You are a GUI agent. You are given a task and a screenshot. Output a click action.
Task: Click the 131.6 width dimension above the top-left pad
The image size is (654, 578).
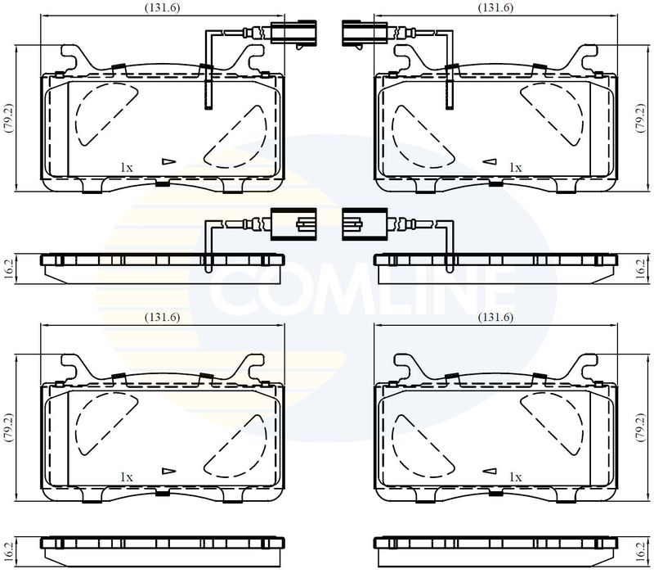pos(162,8)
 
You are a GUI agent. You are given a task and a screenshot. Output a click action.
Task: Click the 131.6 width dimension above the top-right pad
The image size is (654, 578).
pos(495,8)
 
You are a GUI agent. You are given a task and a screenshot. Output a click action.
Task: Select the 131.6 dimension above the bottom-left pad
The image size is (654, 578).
pos(162,318)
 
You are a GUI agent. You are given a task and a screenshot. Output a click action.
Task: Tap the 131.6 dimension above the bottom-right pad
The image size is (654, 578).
pos(495,318)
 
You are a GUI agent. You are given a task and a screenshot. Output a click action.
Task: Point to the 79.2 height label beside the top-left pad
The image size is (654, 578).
pos(9,118)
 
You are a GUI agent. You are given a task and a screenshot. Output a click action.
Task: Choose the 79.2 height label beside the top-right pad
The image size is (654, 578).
pos(640,118)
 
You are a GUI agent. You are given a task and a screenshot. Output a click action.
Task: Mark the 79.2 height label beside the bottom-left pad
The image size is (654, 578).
pos(9,427)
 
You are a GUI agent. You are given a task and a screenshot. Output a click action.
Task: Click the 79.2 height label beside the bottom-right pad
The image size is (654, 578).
pos(640,427)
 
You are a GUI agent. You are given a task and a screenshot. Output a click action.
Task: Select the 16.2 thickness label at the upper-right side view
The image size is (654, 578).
pos(641,269)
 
